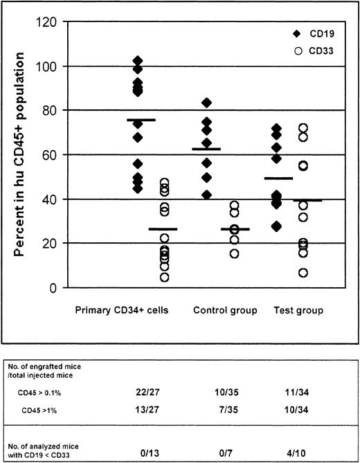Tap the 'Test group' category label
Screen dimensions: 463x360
coord(301,311)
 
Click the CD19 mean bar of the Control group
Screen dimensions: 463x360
coord(206,149)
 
